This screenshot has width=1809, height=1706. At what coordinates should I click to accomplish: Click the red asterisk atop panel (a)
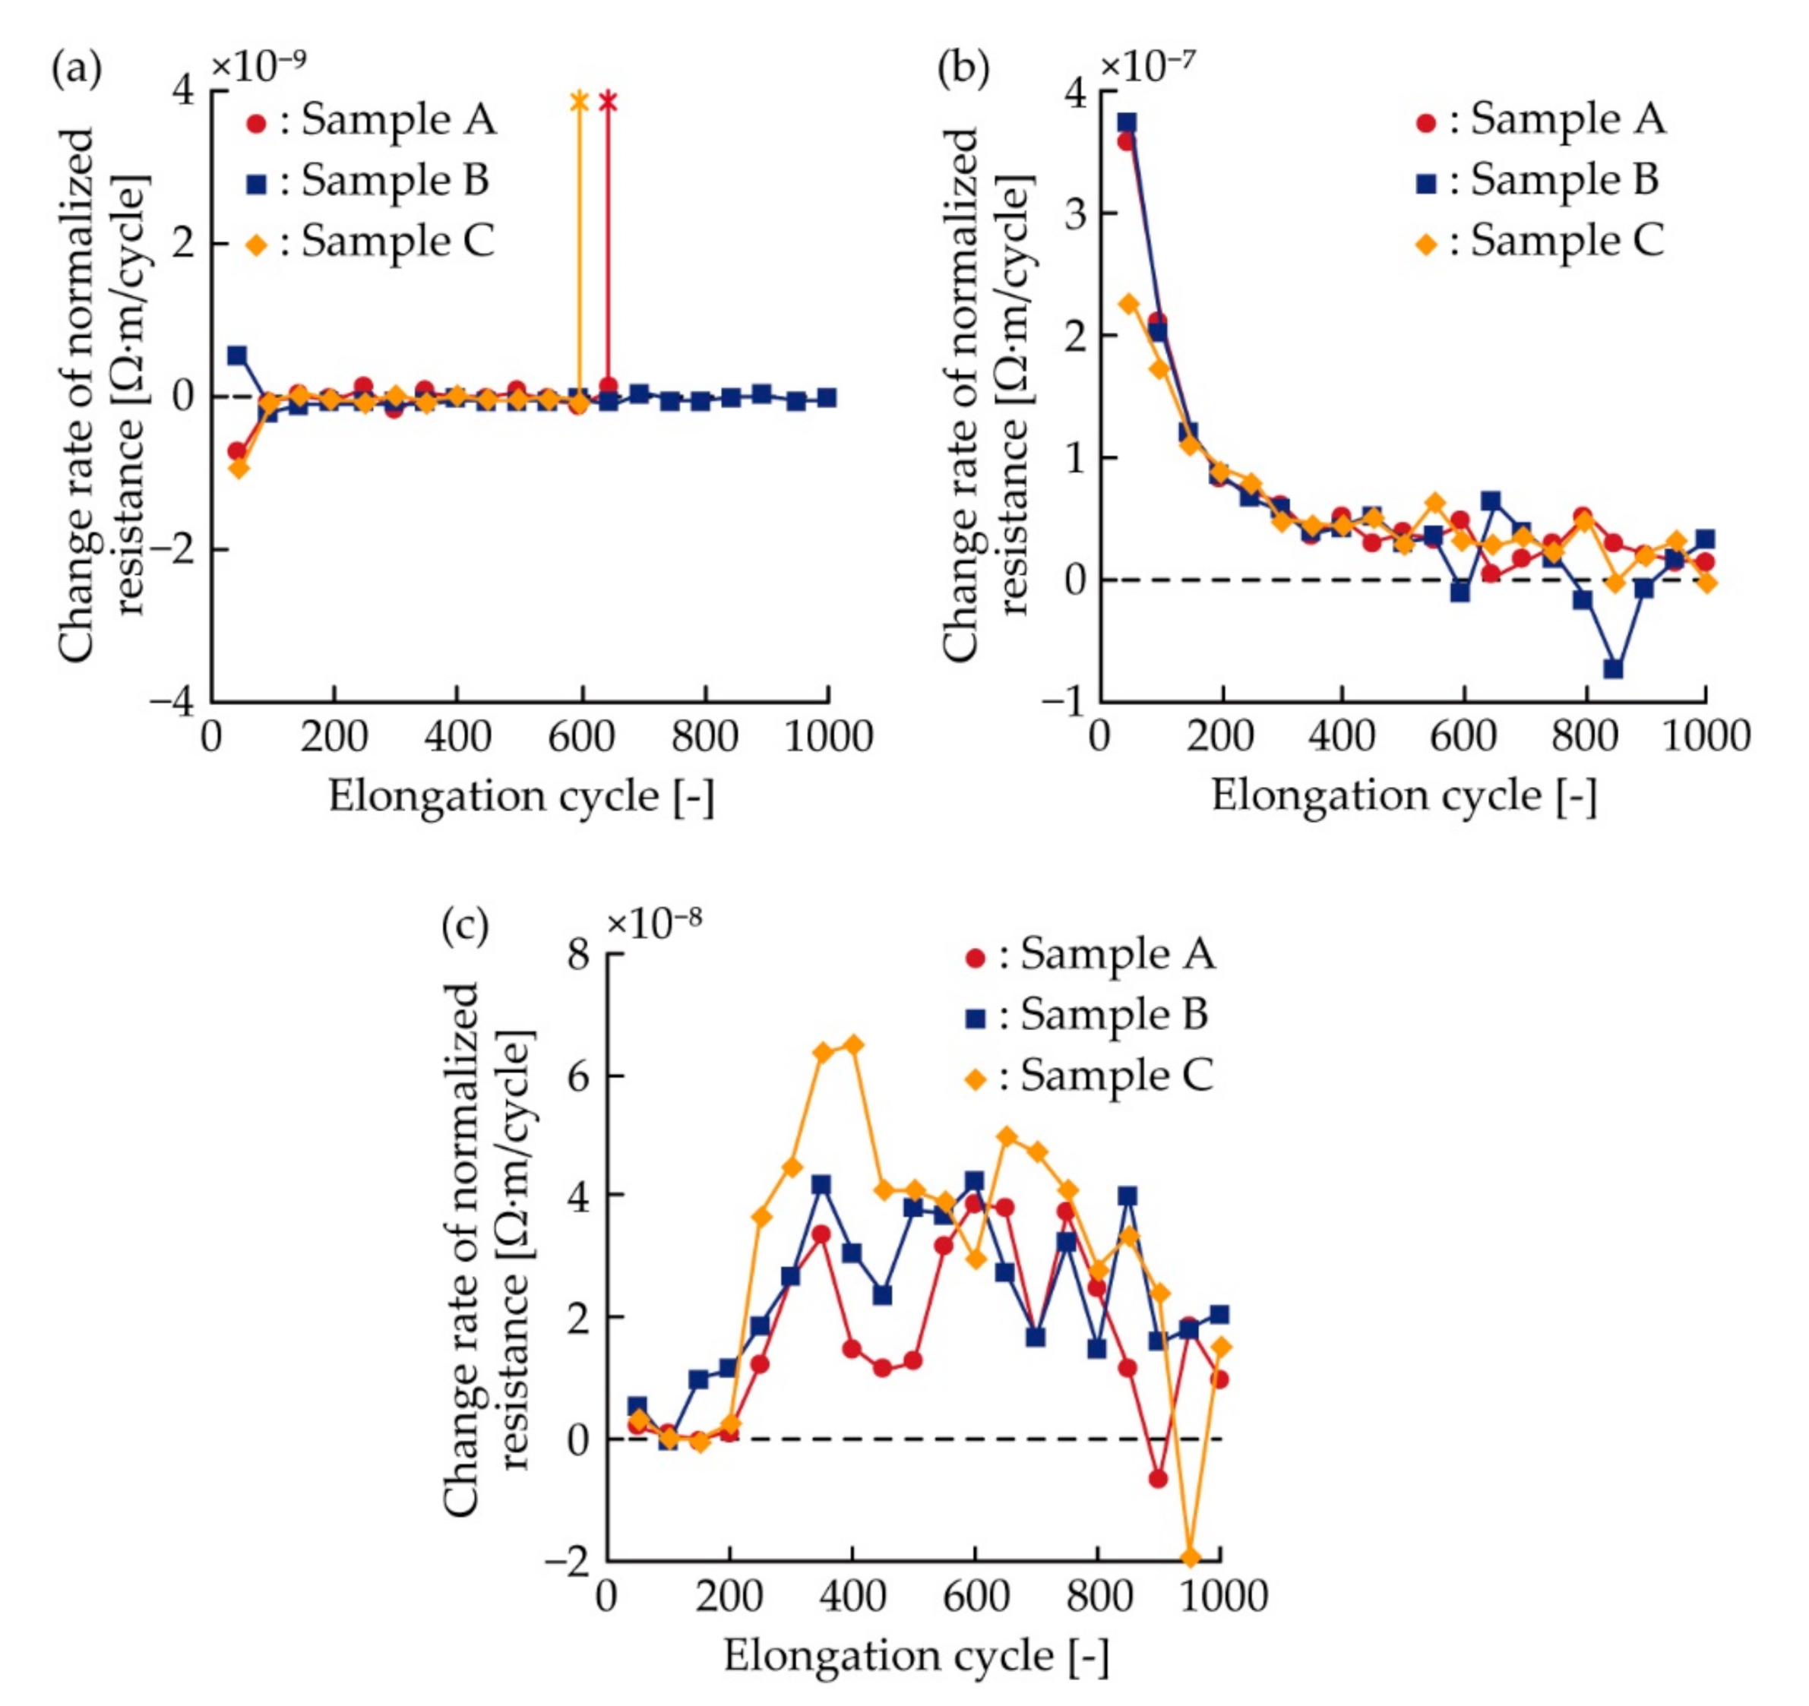(x=608, y=102)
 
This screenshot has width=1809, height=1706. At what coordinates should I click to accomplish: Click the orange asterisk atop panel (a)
(x=579, y=101)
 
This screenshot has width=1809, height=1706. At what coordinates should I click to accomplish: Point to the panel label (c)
(x=465, y=926)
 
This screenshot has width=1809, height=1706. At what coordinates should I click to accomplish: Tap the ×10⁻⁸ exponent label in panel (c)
(x=654, y=923)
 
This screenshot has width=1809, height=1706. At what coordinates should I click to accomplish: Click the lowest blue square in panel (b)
(x=1613, y=668)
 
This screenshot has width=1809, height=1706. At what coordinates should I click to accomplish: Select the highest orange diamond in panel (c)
(x=853, y=1044)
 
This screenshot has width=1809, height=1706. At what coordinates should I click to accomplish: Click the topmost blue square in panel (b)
(x=1127, y=122)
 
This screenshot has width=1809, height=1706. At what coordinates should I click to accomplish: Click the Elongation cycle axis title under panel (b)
(x=1403, y=796)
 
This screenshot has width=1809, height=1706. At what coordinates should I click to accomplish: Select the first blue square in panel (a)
(x=238, y=355)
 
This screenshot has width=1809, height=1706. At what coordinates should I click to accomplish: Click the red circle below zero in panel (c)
(x=1157, y=1480)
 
